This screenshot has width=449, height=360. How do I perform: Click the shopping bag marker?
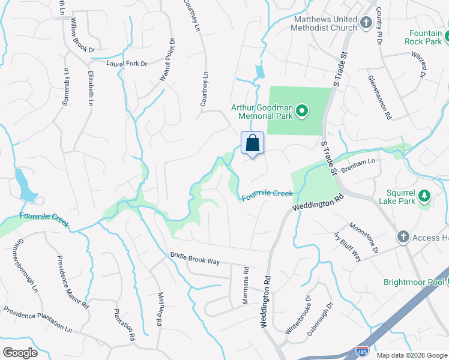[x=253, y=144]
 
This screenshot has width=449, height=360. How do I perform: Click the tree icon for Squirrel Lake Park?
[x=424, y=195]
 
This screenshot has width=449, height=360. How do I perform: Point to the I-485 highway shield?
[x=361, y=352]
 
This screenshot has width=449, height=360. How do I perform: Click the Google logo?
[x=20, y=353]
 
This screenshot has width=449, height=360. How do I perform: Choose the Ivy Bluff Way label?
[x=348, y=246]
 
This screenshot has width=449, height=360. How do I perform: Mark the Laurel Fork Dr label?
[x=127, y=63]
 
